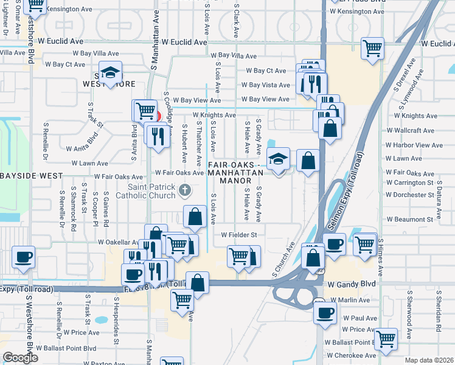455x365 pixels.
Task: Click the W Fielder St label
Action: tap(239, 234)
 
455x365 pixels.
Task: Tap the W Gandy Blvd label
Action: tap(349, 284)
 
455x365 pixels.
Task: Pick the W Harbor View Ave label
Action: tap(414, 145)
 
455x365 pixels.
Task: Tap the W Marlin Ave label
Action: tap(347, 300)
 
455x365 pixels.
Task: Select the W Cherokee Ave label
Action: tap(352, 355)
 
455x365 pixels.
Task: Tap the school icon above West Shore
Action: tap(111, 72)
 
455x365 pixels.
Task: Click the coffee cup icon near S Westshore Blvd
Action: tap(24, 257)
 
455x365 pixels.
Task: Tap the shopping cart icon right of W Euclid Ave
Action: tap(372, 48)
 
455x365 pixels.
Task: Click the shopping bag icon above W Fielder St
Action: tap(195, 217)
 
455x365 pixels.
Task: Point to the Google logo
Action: tap(20, 358)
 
